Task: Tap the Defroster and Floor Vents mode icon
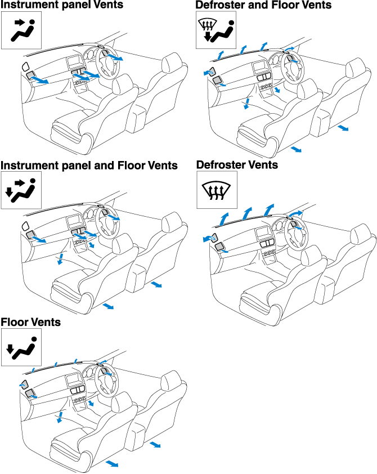(x=216, y=32)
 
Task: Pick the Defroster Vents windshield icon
(x=216, y=190)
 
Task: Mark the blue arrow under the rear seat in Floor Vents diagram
(x=155, y=445)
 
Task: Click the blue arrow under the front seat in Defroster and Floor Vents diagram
(x=296, y=149)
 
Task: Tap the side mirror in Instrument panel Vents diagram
(x=25, y=68)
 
